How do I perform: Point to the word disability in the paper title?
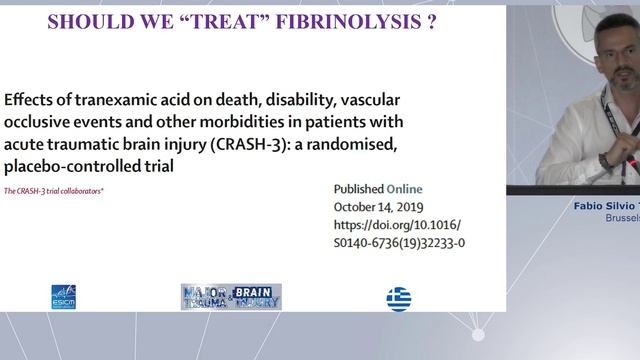point(300,101)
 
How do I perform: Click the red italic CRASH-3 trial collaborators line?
point(54,190)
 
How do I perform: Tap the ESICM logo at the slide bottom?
point(63,297)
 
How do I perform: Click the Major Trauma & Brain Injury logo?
point(231,297)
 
